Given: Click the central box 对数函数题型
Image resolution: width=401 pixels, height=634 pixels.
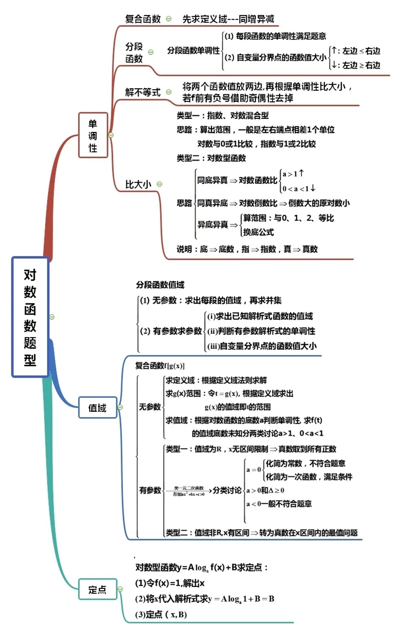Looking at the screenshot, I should (30, 317).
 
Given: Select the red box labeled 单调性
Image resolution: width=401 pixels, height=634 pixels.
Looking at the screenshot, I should (93, 135).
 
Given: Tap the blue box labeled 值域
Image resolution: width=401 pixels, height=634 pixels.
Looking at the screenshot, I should (97, 408).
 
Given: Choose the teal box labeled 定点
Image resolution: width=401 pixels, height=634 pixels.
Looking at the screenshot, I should (97, 589).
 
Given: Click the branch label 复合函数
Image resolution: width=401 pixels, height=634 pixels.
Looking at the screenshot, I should (142, 19).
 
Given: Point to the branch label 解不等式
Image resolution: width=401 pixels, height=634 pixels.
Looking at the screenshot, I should (142, 92).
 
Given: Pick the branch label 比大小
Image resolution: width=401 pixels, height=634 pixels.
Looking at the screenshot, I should (138, 185).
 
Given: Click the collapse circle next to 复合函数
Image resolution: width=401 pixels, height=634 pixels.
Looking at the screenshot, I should (168, 19).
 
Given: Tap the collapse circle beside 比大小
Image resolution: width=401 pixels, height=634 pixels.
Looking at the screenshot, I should (159, 184).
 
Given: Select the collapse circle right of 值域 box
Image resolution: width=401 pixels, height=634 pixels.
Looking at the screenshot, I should (120, 408).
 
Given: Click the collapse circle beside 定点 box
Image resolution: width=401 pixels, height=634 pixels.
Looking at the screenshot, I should (120, 589).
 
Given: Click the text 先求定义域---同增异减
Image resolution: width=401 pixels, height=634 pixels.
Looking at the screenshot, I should (228, 20).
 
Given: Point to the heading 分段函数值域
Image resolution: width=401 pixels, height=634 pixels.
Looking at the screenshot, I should (160, 285).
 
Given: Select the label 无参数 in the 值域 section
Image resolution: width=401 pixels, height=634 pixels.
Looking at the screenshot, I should (149, 406).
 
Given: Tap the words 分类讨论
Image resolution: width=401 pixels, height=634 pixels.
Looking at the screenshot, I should (227, 490).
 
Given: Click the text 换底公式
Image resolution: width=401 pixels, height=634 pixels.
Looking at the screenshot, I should (258, 232).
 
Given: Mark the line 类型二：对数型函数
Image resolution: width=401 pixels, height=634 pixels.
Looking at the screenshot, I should (211, 158).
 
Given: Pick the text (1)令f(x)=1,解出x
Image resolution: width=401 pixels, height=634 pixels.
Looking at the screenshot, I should (170, 583).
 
